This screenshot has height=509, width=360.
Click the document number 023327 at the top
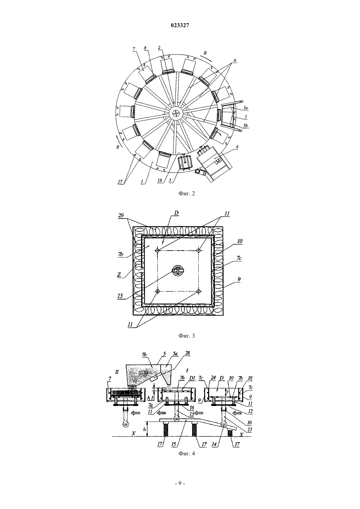pyautogui.click(x=180, y=26)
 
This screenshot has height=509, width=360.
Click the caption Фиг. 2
pyautogui.click(x=187, y=194)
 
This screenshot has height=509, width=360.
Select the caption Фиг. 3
pyautogui.click(x=187, y=336)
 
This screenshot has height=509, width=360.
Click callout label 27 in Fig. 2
pyautogui.click(x=120, y=182)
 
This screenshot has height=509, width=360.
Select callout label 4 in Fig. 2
pyautogui.click(x=237, y=147)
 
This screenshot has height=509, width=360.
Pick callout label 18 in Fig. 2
pyautogui.click(x=160, y=180)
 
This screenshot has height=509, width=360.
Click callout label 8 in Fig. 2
pyautogui.click(x=145, y=48)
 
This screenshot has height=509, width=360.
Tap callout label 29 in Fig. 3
pyautogui.click(x=121, y=215)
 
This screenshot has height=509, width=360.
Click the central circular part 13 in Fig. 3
pyautogui.click(x=178, y=271)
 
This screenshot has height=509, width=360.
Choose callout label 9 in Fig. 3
pyautogui.click(x=239, y=279)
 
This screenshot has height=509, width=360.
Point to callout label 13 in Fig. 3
pyautogui.click(x=120, y=296)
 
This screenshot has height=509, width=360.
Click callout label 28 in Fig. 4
pyautogui.click(x=188, y=353)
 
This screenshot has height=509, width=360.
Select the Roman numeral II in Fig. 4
pyautogui.click(x=117, y=372)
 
